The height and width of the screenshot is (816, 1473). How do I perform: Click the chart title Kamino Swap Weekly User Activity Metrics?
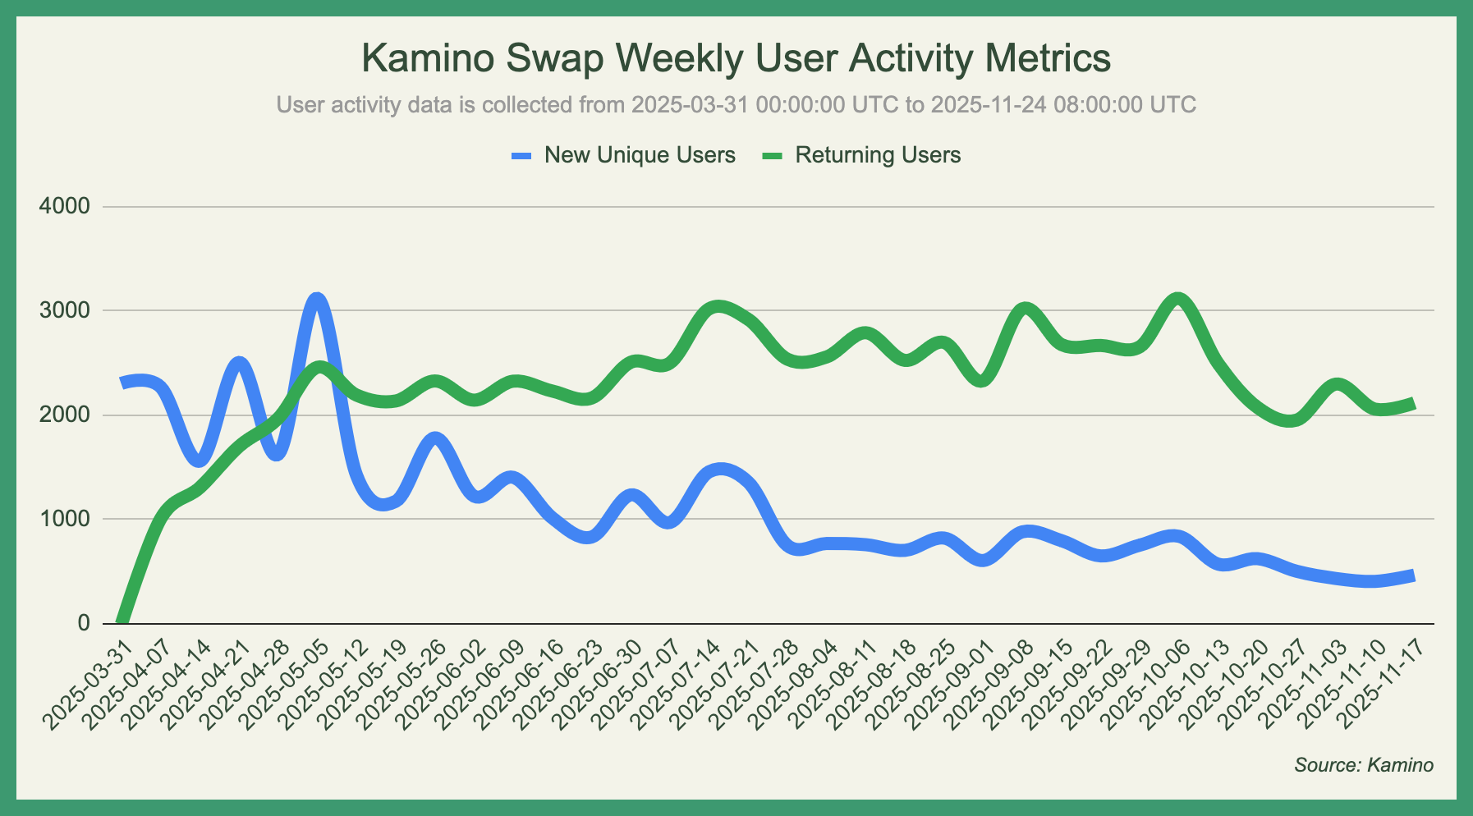736,59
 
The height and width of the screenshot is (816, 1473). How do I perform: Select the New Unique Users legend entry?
639,155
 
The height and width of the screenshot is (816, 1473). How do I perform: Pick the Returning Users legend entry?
877,155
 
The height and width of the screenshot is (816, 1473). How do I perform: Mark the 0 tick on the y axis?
84,623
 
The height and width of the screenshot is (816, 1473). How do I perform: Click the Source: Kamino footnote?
1364,765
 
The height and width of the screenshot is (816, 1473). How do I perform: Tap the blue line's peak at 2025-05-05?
318,299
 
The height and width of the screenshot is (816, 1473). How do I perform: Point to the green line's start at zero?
122,621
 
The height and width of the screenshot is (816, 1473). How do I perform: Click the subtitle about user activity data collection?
736,105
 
